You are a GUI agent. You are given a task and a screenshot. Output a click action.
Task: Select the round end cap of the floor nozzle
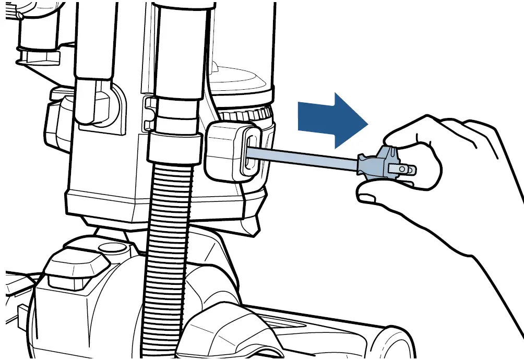coord(397,344)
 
